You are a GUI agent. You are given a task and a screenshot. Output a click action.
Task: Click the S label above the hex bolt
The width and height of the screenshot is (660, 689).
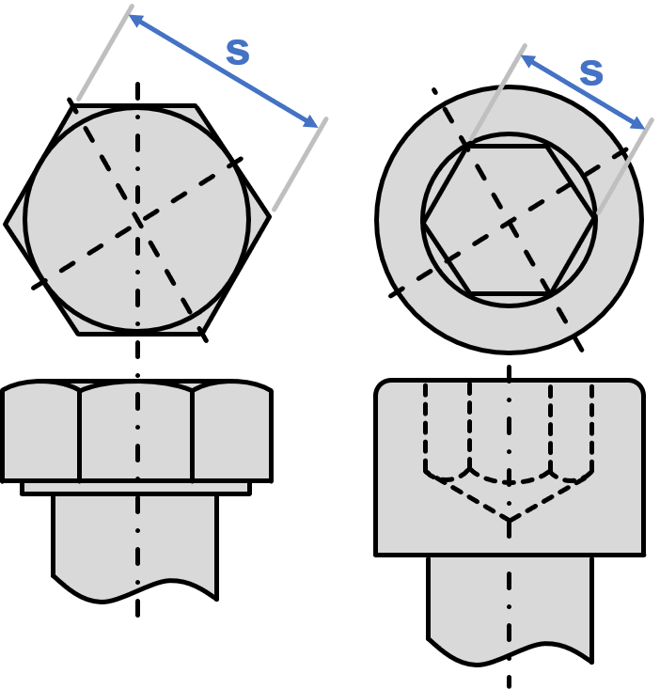pos(238,54)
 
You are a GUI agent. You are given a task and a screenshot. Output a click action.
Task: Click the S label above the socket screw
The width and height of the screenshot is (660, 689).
pos(590,73)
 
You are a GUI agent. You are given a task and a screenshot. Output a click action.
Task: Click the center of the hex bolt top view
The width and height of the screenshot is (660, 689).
pos(138,220)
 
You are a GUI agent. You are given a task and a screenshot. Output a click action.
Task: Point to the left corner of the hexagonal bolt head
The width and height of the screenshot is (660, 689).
pos(10,223)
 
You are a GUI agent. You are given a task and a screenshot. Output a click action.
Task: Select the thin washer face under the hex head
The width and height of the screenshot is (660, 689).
pos(135,487)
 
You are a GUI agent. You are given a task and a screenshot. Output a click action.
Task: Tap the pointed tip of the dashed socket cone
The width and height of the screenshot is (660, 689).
pos(509,519)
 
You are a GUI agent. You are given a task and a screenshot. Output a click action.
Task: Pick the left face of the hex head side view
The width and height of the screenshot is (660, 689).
pos(42,434)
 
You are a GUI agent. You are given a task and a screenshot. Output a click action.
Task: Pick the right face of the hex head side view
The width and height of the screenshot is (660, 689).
pos(231,434)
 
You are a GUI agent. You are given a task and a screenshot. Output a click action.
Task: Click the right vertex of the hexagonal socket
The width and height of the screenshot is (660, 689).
pos(594,221)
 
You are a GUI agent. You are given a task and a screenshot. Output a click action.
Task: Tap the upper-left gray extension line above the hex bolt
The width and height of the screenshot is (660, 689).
pos(104,53)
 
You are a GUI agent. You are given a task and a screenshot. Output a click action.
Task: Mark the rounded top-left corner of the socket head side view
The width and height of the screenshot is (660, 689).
pos(384,388)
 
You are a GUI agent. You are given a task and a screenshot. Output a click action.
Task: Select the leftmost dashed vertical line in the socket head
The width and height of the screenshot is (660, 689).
pos(426,428)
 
